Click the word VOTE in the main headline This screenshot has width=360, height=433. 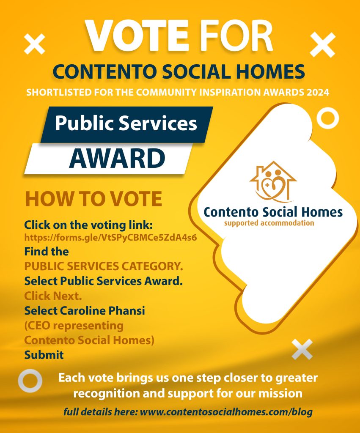click(137, 36)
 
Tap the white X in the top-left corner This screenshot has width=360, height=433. click(35, 44)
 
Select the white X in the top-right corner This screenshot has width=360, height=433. click(322, 45)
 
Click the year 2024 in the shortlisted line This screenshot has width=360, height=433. click(318, 92)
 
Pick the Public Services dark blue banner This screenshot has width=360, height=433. click(127, 125)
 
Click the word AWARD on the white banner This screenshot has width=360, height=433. click(117, 158)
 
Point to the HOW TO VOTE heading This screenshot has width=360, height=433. click(93, 199)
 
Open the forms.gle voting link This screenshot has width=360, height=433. click(110, 238)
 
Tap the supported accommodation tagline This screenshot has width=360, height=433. click(269, 223)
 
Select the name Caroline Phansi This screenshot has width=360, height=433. click(102, 311)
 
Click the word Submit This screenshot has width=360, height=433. click(44, 355)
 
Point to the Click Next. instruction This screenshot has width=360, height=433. click(53, 296)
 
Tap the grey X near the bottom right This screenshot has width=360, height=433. click(302, 349)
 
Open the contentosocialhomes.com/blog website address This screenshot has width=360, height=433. click(226, 412)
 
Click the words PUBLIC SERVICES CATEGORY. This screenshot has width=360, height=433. click(104, 266)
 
